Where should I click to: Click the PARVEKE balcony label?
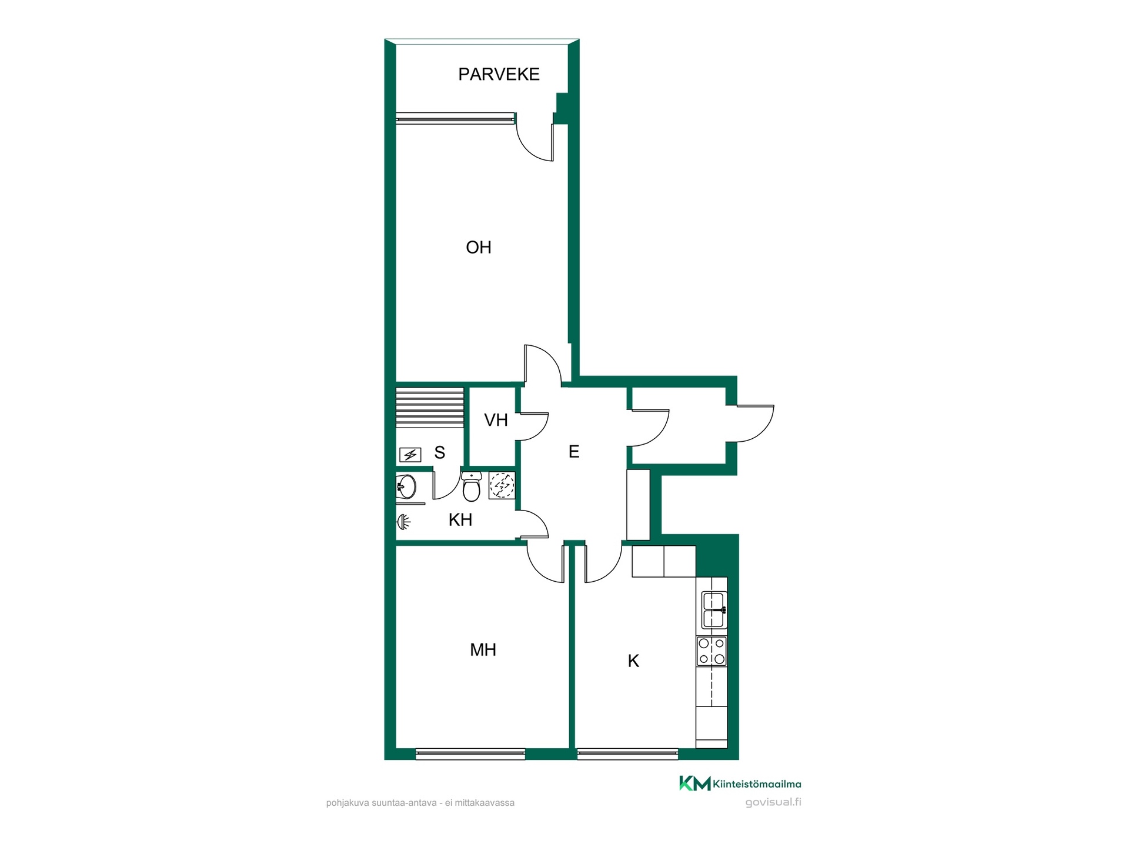click(x=499, y=74)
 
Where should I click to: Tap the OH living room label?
click(x=479, y=248)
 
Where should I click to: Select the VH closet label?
click(x=496, y=420)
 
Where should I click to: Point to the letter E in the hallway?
click(x=574, y=452)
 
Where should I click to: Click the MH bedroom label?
click(x=483, y=650)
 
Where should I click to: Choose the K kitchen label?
click(x=633, y=661)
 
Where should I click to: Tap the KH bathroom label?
click(x=460, y=520)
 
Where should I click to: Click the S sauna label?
click(x=439, y=452)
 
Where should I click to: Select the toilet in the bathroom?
click(x=471, y=486)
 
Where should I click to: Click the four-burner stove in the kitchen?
click(x=712, y=651)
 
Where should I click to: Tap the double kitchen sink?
click(x=714, y=610)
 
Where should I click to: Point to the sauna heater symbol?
click(x=410, y=455)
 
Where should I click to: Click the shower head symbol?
click(x=403, y=521)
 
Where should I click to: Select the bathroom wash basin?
click(x=406, y=486)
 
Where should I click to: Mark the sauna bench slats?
click(x=430, y=407)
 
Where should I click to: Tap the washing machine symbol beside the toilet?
click(x=502, y=486)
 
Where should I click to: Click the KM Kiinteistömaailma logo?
click(x=740, y=783)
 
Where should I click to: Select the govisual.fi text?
click(x=773, y=802)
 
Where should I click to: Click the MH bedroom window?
click(x=470, y=753)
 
